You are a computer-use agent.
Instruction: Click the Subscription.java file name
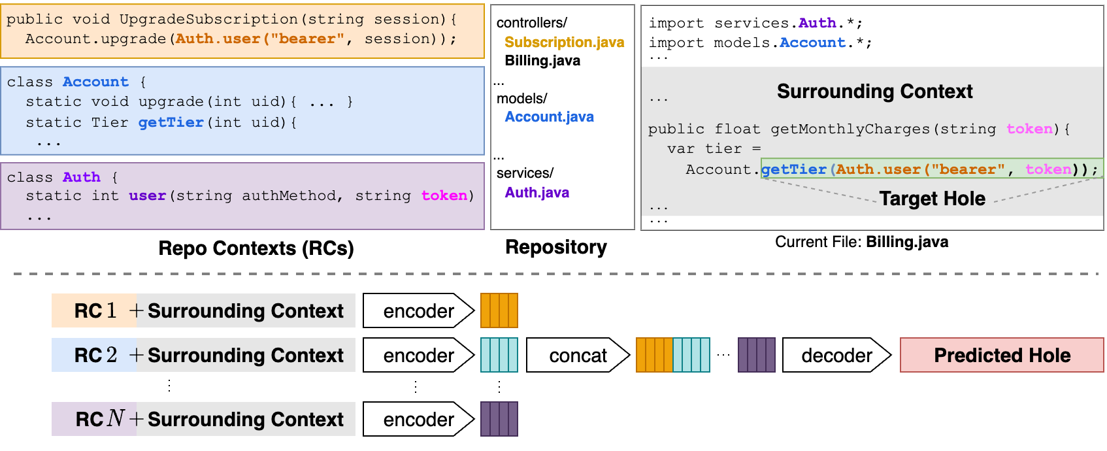pyautogui.click(x=564, y=42)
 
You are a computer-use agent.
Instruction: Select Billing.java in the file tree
pyautogui.click(x=542, y=61)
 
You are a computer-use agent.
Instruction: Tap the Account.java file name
pyautogui.click(x=549, y=117)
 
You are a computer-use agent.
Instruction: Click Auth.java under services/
pyautogui.click(x=537, y=193)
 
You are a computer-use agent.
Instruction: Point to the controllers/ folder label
pyautogui.click(x=531, y=23)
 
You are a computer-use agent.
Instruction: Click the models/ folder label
pyautogui.click(x=521, y=99)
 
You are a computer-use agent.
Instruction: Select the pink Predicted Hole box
pyautogui.click(x=1001, y=355)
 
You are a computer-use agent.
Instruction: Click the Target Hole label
pyautogui.click(x=932, y=199)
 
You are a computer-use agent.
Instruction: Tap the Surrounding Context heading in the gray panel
pyautogui.click(x=874, y=92)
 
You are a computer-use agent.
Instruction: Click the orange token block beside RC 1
pyautogui.click(x=499, y=310)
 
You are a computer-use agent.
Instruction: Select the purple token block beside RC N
pyautogui.click(x=499, y=419)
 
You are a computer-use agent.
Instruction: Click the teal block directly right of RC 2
pyautogui.click(x=499, y=355)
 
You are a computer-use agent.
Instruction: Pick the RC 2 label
pyautogui.click(x=95, y=355)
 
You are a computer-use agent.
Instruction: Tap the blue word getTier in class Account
pyautogui.click(x=171, y=122)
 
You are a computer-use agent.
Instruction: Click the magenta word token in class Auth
pyautogui.click(x=444, y=195)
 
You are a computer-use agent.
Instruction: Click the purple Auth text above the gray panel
pyautogui.click(x=817, y=23)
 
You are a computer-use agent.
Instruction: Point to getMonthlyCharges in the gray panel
pyautogui.click(x=850, y=129)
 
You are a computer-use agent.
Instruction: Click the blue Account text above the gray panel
pyautogui.click(x=812, y=42)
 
